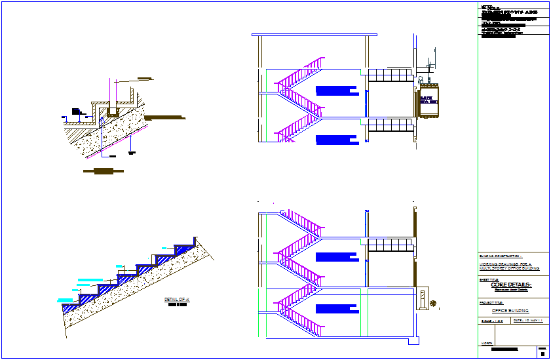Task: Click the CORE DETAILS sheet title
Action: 511,285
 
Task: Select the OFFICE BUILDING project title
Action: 510,310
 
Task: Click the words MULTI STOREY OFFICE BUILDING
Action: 510,268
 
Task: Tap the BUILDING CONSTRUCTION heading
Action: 501,256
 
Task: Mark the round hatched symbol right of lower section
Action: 433,303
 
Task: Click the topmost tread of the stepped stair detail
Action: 185,247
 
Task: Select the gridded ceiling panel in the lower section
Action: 390,245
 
